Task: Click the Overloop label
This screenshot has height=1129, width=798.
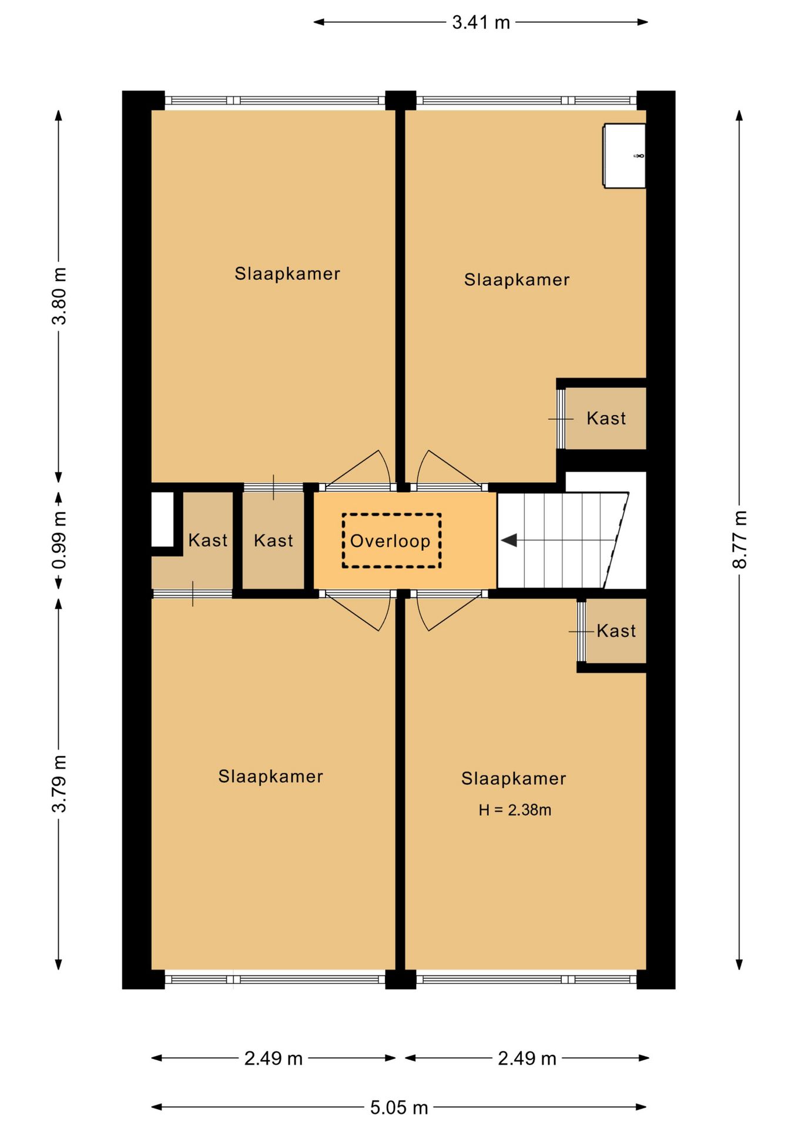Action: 390,541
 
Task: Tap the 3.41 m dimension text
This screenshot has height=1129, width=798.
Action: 481,22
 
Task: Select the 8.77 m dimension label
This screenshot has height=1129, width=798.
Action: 740,539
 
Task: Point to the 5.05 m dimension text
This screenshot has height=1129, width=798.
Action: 399,1107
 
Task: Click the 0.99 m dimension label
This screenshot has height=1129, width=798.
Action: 59,540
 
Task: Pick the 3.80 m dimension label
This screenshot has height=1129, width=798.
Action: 59,296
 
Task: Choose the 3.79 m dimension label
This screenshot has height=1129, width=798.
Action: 59,784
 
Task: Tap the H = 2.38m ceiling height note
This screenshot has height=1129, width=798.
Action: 515,810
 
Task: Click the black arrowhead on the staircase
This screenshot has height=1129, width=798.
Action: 509,540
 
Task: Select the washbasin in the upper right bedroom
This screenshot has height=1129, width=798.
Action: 625,156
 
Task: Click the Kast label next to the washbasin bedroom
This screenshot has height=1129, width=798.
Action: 606,419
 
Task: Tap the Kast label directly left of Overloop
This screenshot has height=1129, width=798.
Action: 273,540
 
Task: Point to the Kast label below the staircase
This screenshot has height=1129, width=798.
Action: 616,631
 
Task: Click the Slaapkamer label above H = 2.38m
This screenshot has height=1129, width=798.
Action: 514,779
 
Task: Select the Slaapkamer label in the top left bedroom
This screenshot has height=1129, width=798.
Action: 287,273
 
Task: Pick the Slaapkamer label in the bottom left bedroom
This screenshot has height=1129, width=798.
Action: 271,776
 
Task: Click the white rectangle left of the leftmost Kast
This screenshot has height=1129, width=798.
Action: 163,519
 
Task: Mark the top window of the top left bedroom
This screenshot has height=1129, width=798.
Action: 275,101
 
